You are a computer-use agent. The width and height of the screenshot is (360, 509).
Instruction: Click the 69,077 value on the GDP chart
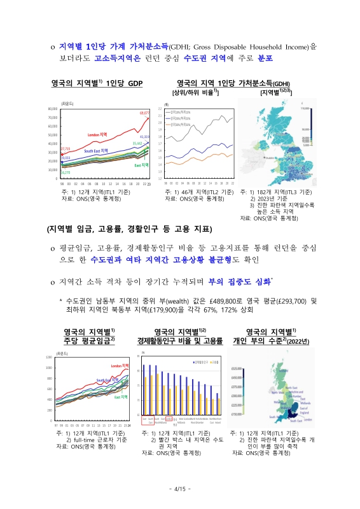coord(144,112)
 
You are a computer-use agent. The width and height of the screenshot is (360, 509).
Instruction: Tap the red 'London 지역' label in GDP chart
coord(99,135)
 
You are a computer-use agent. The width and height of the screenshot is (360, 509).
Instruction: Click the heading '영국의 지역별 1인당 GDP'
coord(97,83)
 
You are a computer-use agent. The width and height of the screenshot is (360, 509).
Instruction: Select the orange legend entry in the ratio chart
coord(179,124)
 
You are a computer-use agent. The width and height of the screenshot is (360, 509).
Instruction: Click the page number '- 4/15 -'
coord(180,488)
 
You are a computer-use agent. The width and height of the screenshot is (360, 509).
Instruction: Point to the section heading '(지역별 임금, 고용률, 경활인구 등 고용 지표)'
coord(128,228)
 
